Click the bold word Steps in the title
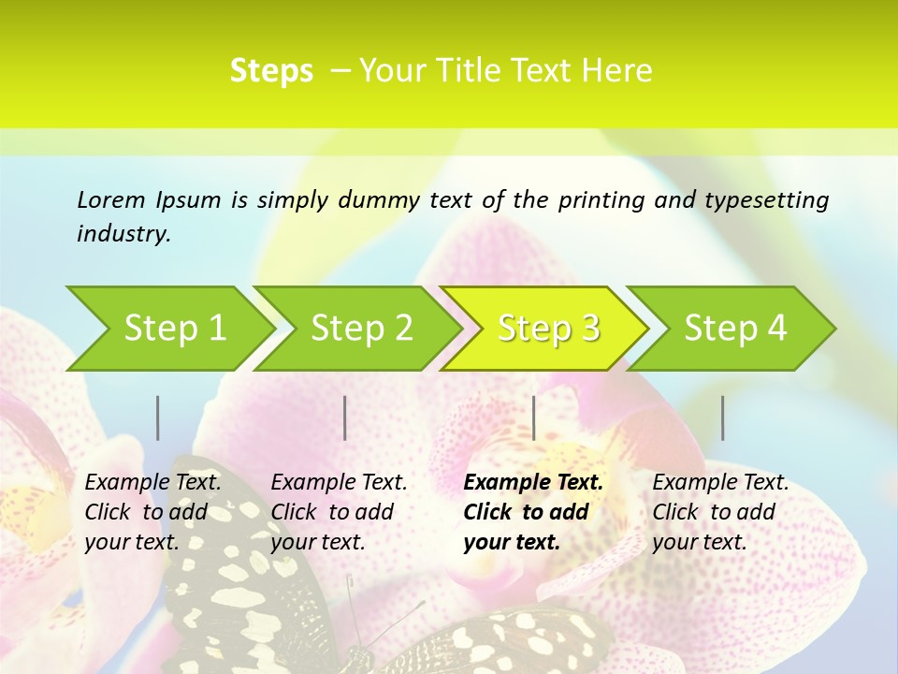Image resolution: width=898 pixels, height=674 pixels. coord(271,71)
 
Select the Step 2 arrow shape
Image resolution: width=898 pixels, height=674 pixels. coord(361,328)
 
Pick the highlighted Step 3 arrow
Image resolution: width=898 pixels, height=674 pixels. coord(548,328)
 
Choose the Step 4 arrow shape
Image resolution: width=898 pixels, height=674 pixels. coord(735,328)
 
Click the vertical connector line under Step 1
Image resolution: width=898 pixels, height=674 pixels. coord(158,418)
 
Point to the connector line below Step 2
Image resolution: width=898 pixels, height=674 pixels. coord(345,418)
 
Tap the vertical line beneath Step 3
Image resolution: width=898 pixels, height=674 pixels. coord(534,418)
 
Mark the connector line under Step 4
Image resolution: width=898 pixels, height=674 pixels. coord(723,418)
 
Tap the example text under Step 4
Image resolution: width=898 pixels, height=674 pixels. coord(720,512)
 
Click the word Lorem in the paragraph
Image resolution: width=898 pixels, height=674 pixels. coord(111,199)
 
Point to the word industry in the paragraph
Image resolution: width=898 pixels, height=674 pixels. coord(123,233)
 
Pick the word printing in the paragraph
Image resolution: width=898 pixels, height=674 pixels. coord(599,199)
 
